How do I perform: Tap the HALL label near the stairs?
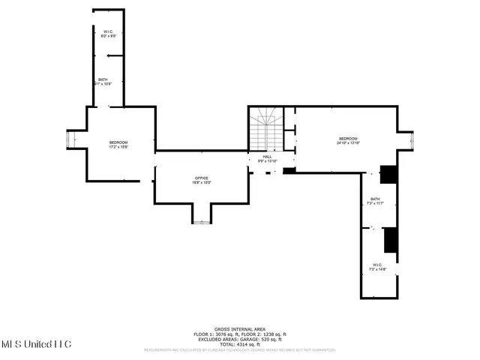click(x=267, y=157)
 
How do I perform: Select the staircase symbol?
click(x=265, y=128)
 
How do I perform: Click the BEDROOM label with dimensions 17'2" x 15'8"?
click(x=119, y=142)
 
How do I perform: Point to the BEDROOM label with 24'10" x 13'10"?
click(x=348, y=139)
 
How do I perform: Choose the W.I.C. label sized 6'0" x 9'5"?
click(x=108, y=31)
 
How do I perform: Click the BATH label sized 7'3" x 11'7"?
click(x=374, y=199)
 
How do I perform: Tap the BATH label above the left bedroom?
click(x=102, y=79)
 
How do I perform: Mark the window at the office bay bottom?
click(x=202, y=221)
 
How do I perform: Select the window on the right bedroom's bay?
click(x=412, y=139)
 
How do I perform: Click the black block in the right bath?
click(x=388, y=173)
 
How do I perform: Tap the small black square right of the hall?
click(x=289, y=170)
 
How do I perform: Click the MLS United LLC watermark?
click(x=35, y=344)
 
